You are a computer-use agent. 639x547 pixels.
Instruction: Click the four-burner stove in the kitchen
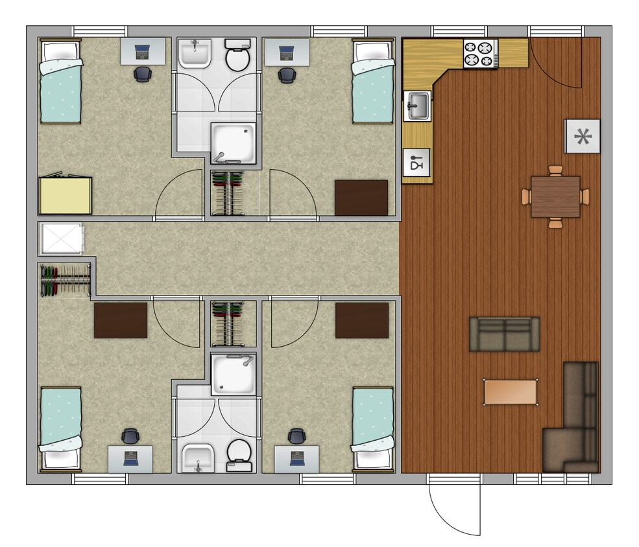pos(481,53)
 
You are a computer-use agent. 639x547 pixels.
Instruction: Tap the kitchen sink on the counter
pos(417,106)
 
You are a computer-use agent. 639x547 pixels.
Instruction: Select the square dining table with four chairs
pos(555,196)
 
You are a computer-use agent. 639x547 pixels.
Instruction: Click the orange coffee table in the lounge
pos(511,392)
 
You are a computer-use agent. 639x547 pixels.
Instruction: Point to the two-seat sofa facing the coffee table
pos(504,334)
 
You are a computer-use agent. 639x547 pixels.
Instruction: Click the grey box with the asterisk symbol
pos(583,136)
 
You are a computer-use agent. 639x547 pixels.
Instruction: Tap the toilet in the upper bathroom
pos(237,55)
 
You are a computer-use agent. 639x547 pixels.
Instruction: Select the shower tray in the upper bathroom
pos(233,141)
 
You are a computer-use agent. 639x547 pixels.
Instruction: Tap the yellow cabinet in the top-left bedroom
pos(65,194)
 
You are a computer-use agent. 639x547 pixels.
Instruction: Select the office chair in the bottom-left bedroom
pos(130,436)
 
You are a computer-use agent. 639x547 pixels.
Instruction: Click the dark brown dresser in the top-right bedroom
pos(361,198)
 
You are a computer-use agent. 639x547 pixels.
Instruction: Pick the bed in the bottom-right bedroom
pos(373,428)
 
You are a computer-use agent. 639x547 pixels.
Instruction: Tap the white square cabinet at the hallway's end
pos(61,239)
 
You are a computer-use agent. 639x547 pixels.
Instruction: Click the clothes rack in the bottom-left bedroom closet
pos(65,280)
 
